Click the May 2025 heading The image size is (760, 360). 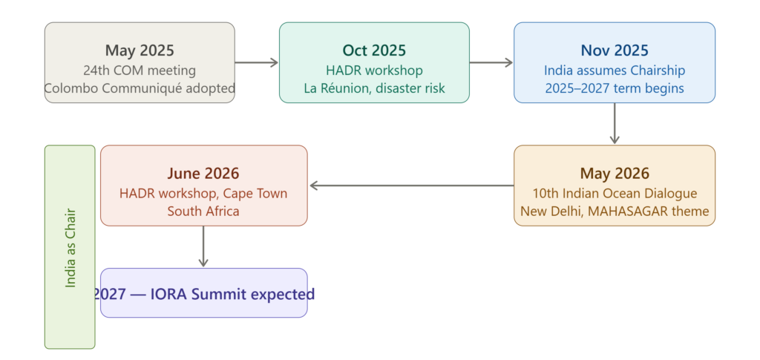140,50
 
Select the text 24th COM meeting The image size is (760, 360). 140,71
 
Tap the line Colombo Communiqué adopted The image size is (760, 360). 140,88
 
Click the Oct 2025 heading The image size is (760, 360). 374,50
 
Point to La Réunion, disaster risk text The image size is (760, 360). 374,88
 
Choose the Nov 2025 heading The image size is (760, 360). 615,50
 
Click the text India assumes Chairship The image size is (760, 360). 615,71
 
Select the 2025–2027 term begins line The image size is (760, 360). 615,88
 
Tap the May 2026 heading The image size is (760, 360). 615,174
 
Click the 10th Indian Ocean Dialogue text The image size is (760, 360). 615,194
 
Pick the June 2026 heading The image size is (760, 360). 203,174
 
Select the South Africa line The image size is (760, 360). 203,212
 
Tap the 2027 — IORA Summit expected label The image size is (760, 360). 203,294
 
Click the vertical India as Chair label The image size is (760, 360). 71,248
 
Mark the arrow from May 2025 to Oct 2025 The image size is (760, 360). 256,62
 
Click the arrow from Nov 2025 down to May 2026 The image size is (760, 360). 615,123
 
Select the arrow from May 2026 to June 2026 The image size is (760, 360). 411,186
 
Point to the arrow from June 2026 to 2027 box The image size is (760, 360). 203,246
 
